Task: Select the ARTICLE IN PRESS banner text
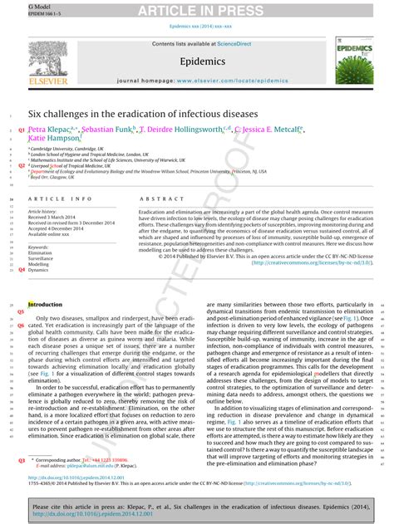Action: click(196, 10)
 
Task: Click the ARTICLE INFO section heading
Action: click(61, 200)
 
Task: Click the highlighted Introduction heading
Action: click(45, 305)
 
